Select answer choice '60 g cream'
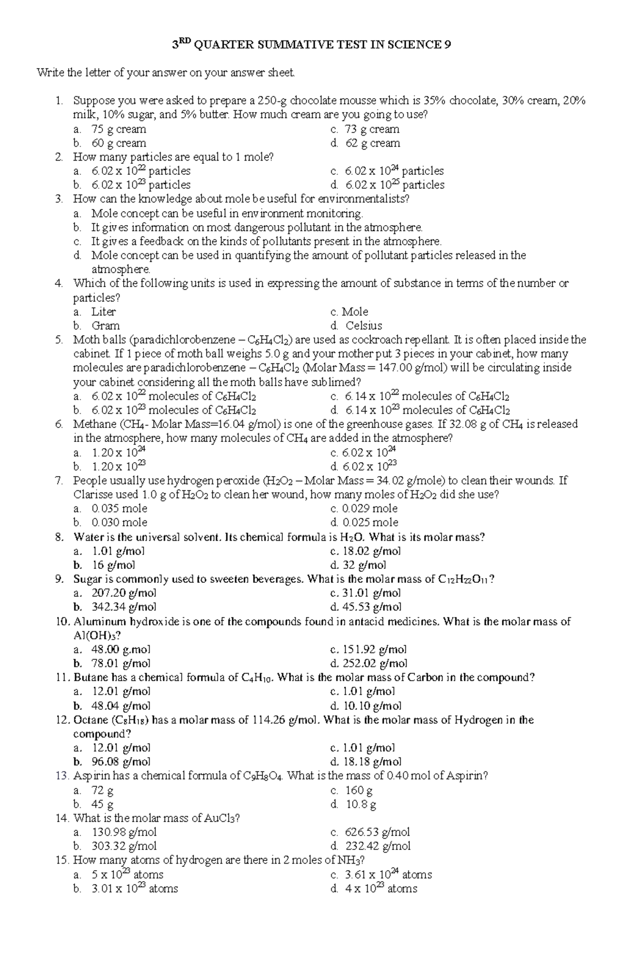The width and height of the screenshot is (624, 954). pos(119,143)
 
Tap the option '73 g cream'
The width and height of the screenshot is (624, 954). pos(372,129)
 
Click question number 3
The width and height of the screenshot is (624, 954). pos(59,199)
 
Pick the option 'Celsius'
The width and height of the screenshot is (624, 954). pos(363,326)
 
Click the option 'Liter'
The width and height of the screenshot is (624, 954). pos(103,312)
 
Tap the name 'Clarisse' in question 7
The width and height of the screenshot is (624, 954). pos(92,495)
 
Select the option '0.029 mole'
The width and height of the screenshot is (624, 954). pos(370,508)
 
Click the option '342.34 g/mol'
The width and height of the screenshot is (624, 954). pos(124,607)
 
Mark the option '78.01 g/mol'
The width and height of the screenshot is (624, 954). pos(121,663)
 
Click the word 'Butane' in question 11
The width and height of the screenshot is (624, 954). pos(92,678)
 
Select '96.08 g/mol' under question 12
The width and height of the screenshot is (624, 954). pos(121,762)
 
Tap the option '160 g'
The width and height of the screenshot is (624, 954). pos(359,791)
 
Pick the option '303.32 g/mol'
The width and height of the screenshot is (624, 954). pos(124,846)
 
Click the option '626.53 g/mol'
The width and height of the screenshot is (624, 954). pos(377,832)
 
